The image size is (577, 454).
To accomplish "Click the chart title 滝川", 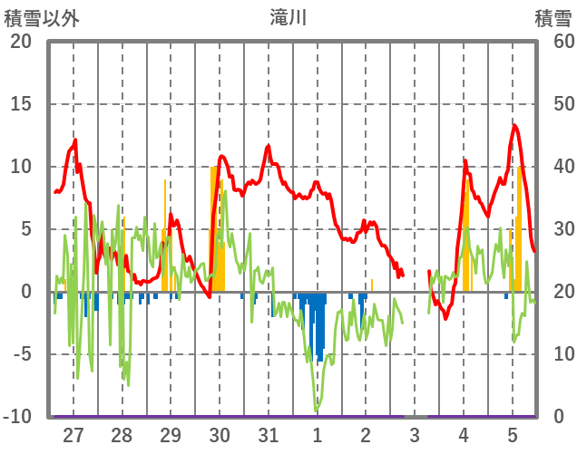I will pos(289,17).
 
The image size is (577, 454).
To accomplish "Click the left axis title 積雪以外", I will pos(42,17).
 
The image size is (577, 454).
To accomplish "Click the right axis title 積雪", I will pos(553,17).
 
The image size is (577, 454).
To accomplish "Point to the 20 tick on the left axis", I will pos(20,42).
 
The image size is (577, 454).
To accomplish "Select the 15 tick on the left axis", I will pos(20,104).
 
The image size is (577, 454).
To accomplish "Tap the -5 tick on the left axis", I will pos(20,354).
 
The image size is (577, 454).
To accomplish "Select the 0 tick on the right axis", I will pos(556,417).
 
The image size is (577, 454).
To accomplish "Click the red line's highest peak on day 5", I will pos(514,125).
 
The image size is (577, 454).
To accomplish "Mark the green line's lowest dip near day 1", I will pos(317,411).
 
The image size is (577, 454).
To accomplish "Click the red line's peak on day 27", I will pos(75,140).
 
